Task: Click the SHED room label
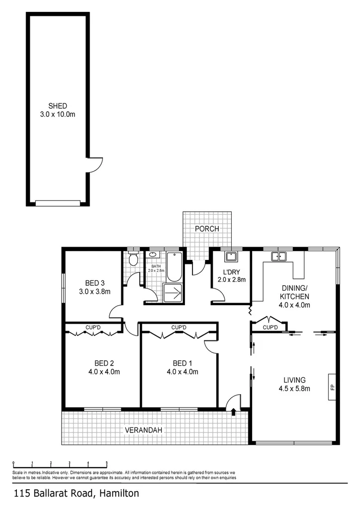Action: [58, 106]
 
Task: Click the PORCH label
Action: [206, 229]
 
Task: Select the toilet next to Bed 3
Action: [133, 259]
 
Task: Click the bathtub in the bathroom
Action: [174, 267]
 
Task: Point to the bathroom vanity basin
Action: [152, 254]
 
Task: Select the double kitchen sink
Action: [278, 256]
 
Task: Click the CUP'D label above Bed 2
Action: [93, 328]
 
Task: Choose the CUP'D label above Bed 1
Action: [179, 328]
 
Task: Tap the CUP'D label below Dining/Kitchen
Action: [270, 328]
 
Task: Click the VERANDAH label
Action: [144, 430]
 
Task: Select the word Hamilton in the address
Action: [119, 494]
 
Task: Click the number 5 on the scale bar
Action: [107, 462]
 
